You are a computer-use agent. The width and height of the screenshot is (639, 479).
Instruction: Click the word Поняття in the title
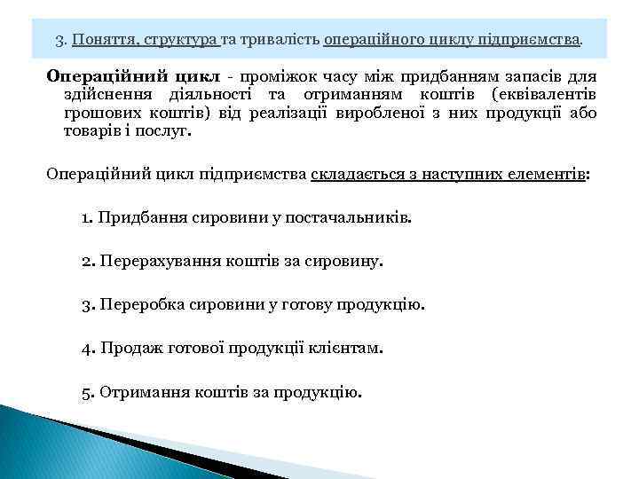(x=100, y=40)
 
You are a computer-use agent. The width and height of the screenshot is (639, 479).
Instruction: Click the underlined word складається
(x=350, y=174)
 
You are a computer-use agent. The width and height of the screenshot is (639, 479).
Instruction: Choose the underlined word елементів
(x=542, y=174)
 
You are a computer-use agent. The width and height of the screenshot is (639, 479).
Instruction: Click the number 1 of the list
(x=85, y=217)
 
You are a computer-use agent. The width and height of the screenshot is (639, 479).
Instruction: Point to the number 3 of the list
(x=85, y=305)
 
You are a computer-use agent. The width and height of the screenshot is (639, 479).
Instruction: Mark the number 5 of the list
(x=85, y=392)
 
